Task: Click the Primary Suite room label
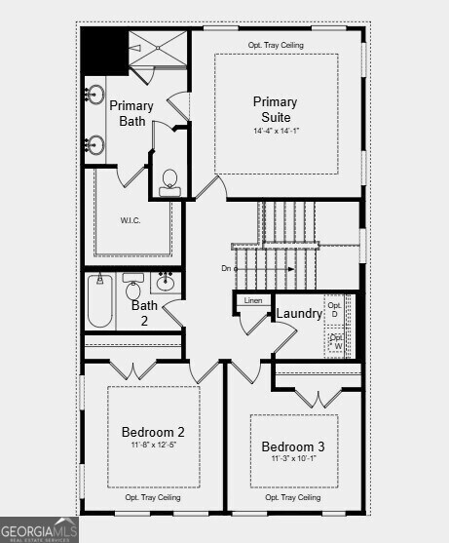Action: point(276,109)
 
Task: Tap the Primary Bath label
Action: point(131,113)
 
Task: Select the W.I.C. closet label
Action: point(131,220)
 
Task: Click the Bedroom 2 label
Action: point(153,432)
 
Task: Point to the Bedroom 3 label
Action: point(293,447)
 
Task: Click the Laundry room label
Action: point(299,314)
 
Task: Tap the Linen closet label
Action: point(253,301)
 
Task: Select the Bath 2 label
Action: point(145,312)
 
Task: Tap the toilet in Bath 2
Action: point(133,289)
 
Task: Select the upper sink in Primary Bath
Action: point(95,96)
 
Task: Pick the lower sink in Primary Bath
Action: point(95,145)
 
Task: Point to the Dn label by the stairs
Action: point(227,268)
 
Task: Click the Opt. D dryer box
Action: point(334,309)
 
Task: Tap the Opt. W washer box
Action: point(337,341)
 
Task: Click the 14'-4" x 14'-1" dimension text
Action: point(276,131)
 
